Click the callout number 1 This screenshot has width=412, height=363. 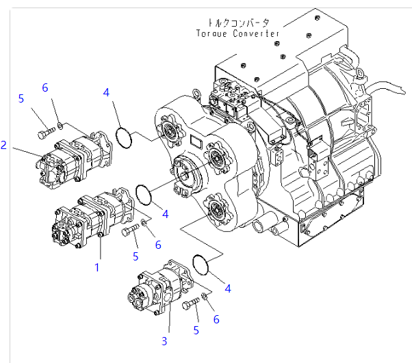tap(97, 267)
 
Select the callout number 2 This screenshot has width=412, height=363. tap(4, 145)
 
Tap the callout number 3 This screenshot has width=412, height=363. tap(164, 340)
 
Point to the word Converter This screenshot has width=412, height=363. tap(255, 33)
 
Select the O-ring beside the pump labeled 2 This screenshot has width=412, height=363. tap(123, 137)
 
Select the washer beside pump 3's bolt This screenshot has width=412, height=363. tap(205, 297)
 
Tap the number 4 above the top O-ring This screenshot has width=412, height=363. tap(106, 92)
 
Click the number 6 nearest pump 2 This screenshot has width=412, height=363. tap(45, 88)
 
